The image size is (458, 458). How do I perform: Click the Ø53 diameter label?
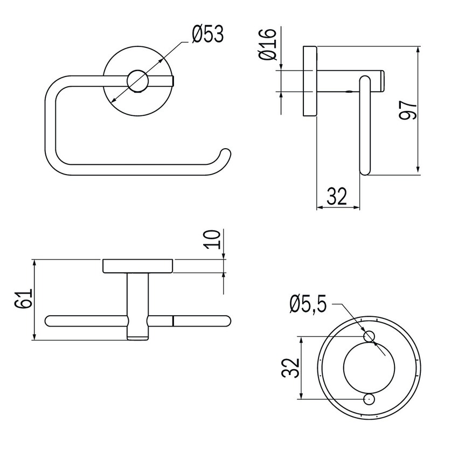tap(207, 35)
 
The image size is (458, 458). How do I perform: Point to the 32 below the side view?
tap(337, 197)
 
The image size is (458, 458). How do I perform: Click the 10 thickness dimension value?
tap(213, 239)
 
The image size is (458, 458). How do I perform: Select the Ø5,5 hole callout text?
tap(308, 305)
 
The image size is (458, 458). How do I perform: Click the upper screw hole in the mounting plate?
tap(369, 336)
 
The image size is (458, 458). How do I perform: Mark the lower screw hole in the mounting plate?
tap(369, 399)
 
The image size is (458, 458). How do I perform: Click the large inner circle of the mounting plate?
tap(369, 367)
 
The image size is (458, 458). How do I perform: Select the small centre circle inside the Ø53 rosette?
tap(137, 81)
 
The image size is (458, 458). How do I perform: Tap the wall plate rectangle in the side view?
tap(309, 81)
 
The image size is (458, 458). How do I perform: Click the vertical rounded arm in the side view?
tap(365, 124)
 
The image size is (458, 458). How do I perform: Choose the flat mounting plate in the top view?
tap(137, 266)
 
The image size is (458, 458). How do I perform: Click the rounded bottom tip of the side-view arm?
tap(365, 171)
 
